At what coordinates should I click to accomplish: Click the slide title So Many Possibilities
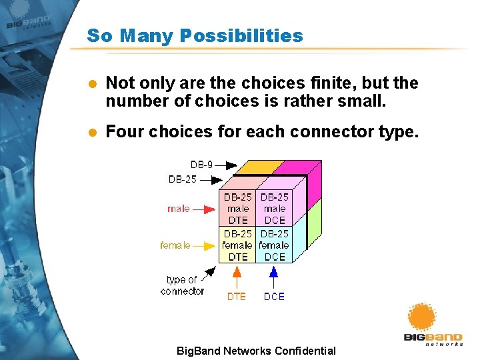click(195, 35)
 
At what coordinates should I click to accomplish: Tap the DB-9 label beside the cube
click(203, 164)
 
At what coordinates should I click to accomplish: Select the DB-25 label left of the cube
click(183, 179)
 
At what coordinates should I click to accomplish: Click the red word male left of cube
click(178, 209)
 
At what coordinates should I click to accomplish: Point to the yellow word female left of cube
click(175, 245)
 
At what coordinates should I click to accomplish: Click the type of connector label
click(182, 285)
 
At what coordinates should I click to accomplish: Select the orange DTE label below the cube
click(237, 297)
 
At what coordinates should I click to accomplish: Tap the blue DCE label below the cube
click(274, 297)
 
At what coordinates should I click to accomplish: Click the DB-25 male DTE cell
click(237, 209)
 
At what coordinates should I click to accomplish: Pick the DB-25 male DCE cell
click(275, 209)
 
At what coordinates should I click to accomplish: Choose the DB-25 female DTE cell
click(237, 245)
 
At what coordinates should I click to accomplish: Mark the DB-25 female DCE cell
click(274, 245)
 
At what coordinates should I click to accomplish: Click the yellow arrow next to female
click(205, 245)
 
